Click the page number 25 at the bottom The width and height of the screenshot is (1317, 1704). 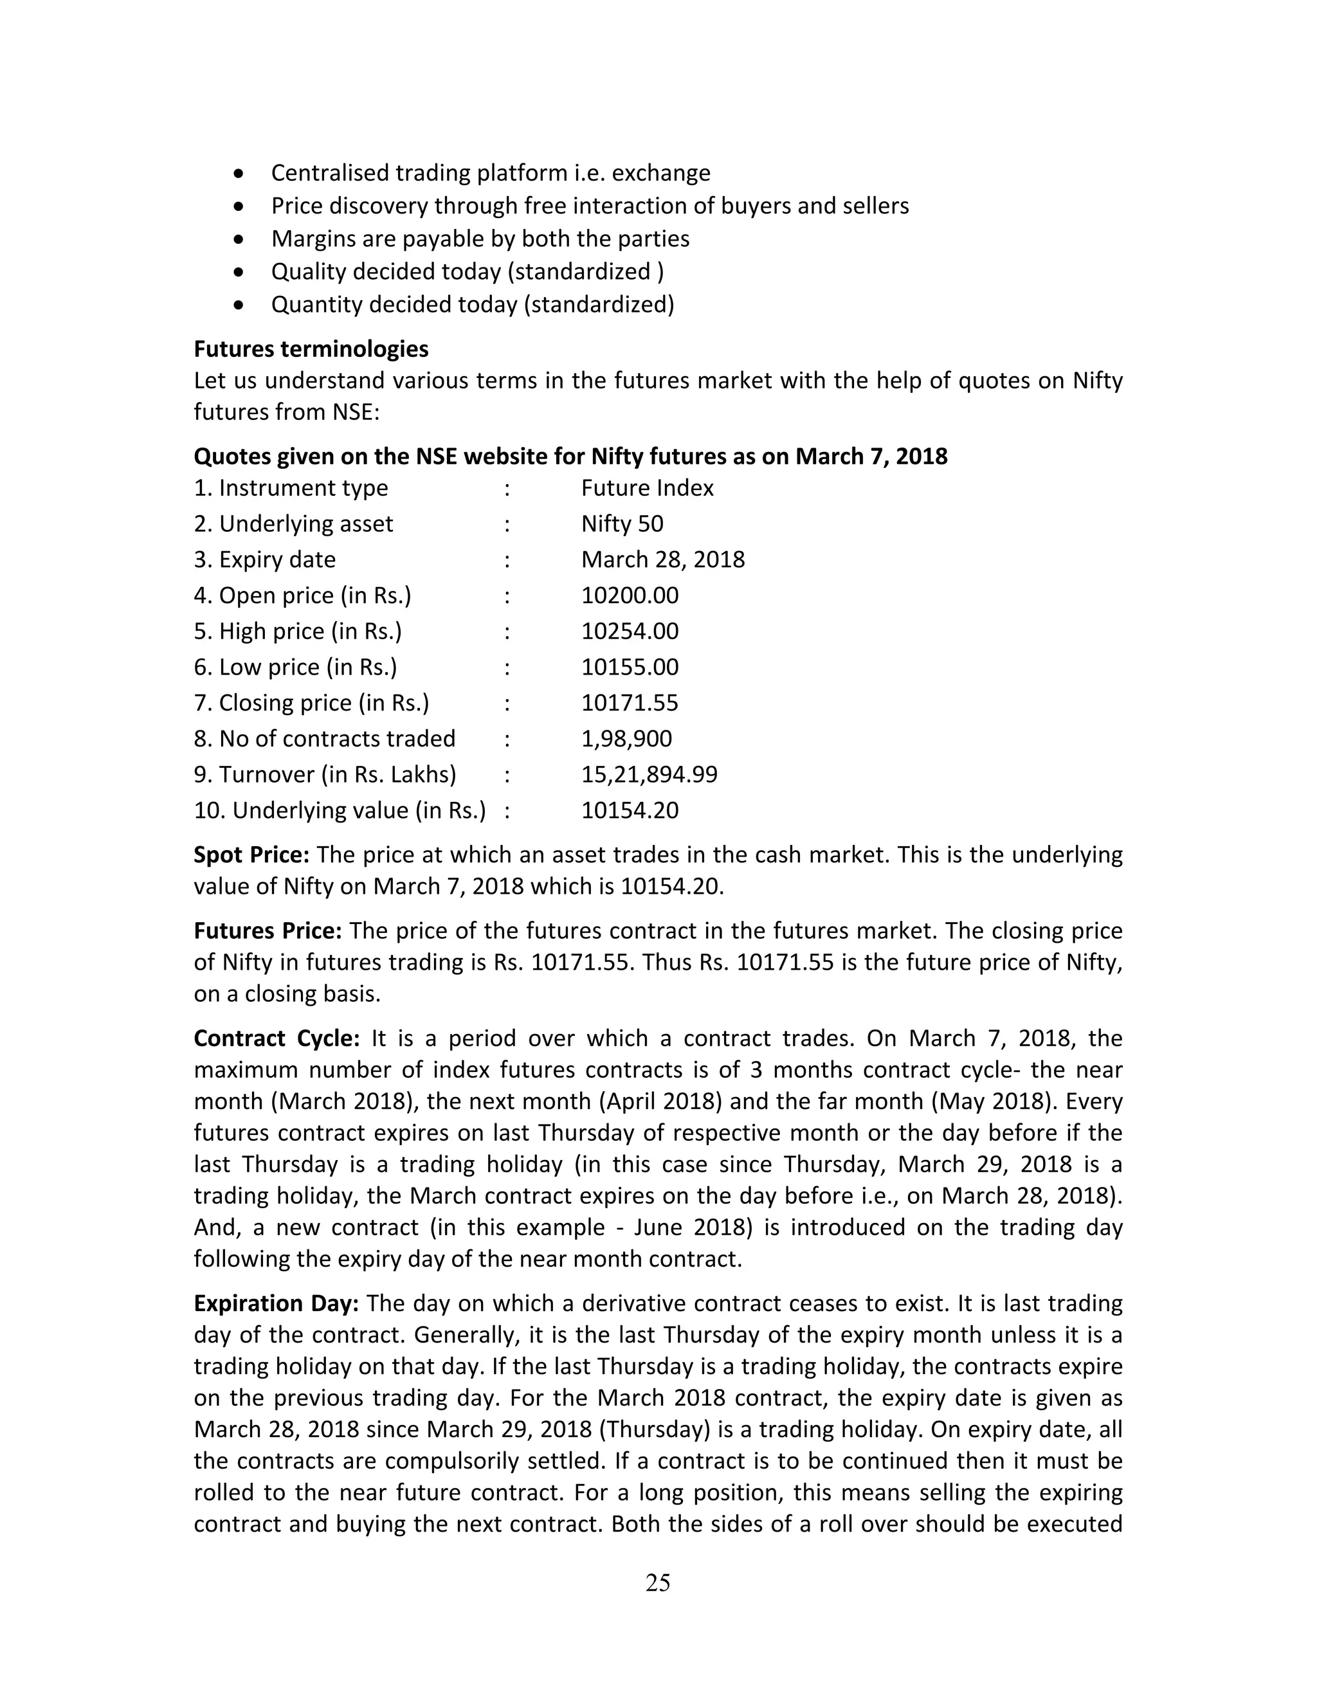click(x=658, y=1582)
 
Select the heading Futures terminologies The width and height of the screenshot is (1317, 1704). click(x=311, y=348)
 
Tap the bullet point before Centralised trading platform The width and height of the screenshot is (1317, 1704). click(x=239, y=173)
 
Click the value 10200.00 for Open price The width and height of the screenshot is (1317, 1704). click(x=630, y=595)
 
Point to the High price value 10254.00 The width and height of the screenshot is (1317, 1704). click(x=630, y=631)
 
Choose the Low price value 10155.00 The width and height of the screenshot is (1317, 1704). click(x=630, y=667)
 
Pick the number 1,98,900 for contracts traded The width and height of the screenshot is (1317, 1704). click(x=626, y=739)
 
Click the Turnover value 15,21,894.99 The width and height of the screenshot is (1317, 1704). click(x=649, y=775)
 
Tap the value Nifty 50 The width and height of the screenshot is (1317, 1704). click(x=622, y=523)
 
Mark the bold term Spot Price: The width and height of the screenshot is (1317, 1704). click(x=251, y=855)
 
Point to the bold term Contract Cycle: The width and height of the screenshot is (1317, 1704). click(x=276, y=1038)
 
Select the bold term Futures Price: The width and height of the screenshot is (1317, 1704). click(x=268, y=931)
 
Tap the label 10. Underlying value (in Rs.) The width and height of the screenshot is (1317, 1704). click(x=340, y=811)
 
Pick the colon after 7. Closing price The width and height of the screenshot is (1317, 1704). click(x=507, y=703)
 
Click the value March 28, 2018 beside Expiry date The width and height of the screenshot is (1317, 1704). click(x=662, y=559)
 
